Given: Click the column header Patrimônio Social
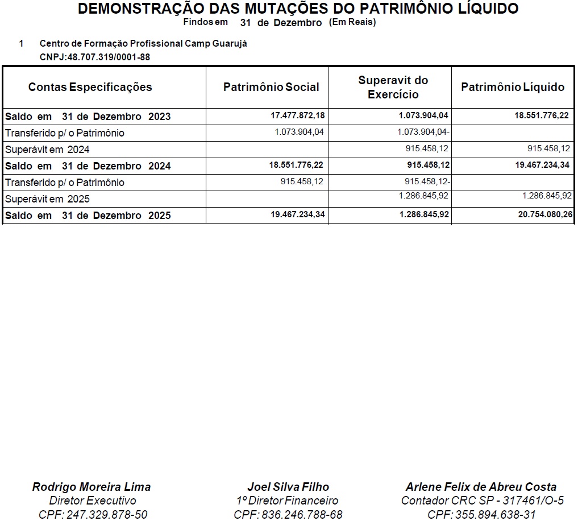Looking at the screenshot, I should click(271, 87).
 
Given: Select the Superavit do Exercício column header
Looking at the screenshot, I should click(393, 87).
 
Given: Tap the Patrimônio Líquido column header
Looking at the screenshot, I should click(513, 87).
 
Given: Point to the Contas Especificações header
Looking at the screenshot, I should click(90, 87).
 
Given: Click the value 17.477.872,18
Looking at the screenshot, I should click(297, 116).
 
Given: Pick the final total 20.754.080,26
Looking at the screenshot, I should click(543, 216).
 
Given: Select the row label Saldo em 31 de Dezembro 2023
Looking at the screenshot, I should click(88, 117).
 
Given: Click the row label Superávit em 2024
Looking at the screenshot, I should click(48, 150).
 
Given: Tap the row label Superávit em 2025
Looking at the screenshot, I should click(48, 199).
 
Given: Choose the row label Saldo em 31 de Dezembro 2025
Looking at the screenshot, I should click(88, 216).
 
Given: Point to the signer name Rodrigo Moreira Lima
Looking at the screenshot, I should click(92, 487).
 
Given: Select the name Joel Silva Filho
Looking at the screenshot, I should click(288, 487).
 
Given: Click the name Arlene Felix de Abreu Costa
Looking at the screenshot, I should click(481, 487).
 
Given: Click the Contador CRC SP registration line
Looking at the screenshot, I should click(482, 501).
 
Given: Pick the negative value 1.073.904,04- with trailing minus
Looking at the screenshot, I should click(424, 133).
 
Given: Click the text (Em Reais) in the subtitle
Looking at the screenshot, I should click(352, 22).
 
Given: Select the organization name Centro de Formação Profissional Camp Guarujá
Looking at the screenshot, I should click(143, 44).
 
